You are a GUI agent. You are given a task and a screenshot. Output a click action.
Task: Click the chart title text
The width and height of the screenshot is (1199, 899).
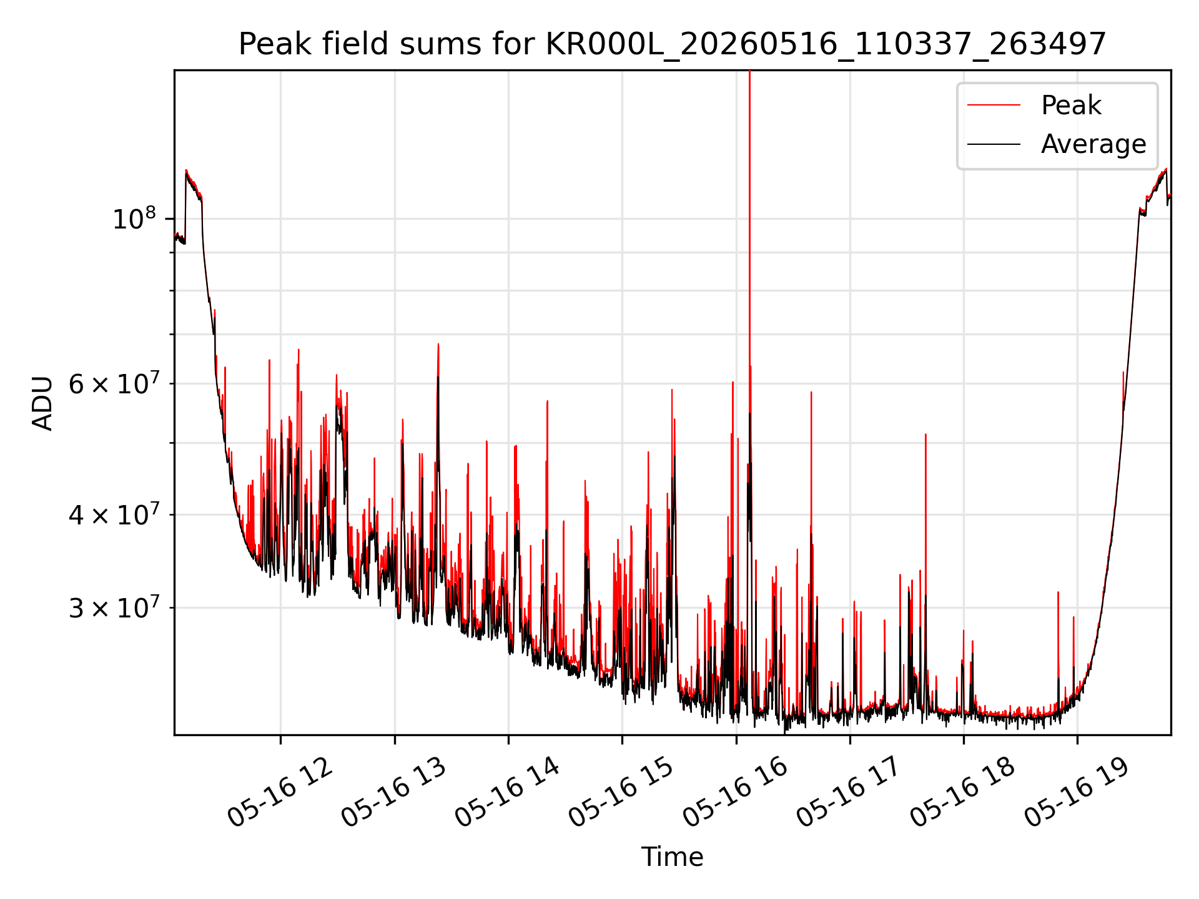tap(672, 44)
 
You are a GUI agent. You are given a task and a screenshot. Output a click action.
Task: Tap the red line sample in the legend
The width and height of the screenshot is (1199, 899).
tap(994, 106)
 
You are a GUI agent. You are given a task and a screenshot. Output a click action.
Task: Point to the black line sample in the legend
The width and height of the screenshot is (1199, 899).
tap(994, 144)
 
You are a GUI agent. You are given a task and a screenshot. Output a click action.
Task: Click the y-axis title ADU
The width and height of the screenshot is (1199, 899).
tap(42, 403)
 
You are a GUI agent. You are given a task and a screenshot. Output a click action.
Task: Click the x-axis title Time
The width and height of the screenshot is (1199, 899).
tap(672, 857)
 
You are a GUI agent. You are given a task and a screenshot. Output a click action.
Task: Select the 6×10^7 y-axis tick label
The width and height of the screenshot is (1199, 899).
tap(114, 383)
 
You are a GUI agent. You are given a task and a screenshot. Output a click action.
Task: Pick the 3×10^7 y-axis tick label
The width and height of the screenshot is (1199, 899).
tap(114, 607)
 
